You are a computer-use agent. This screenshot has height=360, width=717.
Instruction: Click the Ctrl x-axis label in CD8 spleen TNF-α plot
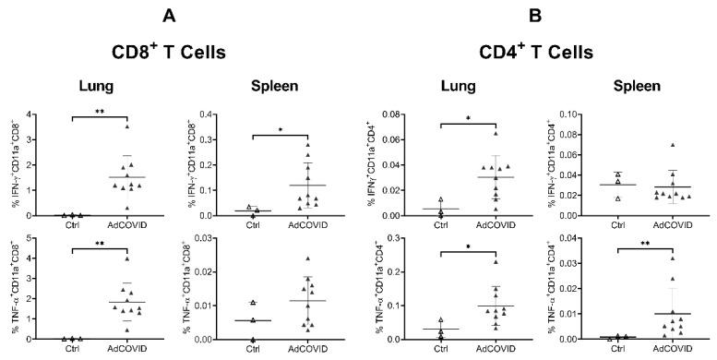click(251, 352)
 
